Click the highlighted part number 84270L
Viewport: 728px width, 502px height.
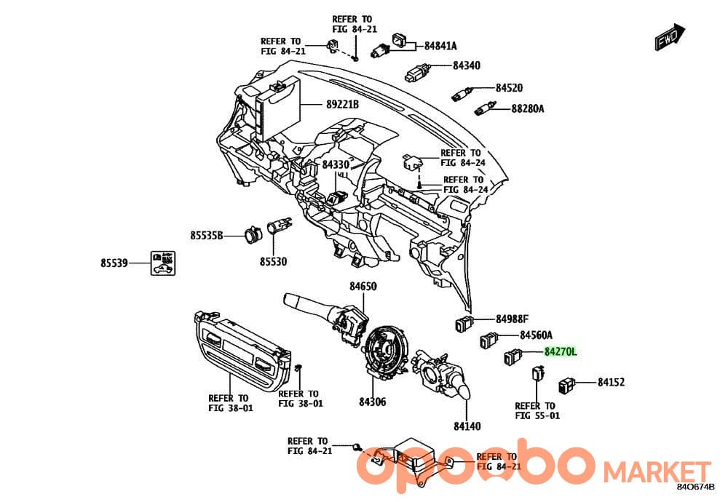(561, 351)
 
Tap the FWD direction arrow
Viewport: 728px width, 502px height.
(670, 36)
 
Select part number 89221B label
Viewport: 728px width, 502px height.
(342, 104)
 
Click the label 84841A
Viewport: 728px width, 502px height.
(440, 46)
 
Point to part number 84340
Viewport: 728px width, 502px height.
(467, 65)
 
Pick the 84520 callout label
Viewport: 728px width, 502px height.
(509, 88)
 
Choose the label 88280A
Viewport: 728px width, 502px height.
(528, 108)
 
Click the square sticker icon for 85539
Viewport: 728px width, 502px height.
(162, 263)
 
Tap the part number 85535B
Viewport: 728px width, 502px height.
(207, 236)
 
